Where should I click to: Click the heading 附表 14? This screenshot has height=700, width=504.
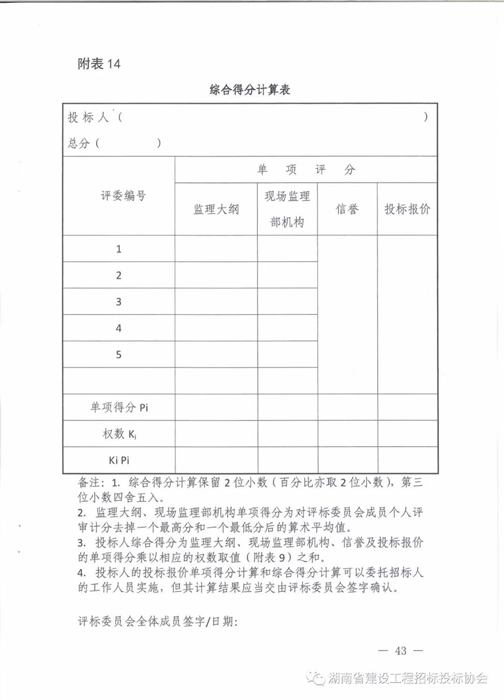(x=99, y=64)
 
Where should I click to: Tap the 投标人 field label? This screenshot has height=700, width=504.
(x=88, y=117)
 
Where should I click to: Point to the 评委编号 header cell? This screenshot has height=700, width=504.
(x=119, y=196)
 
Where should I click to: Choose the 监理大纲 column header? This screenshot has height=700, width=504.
(x=216, y=209)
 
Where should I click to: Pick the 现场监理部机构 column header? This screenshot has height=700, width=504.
(x=287, y=209)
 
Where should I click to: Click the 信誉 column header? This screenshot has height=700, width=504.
(x=347, y=209)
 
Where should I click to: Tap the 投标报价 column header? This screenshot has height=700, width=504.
(x=407, y=209)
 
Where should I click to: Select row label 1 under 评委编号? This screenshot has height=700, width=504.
(x=119, y=249)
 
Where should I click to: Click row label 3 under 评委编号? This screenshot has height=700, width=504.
(x=119, y=301)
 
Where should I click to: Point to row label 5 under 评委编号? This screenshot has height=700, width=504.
(x=119, y=354)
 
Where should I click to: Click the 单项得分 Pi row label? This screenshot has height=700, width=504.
(x=119, y=407)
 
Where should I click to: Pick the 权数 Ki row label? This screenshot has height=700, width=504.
(x=119, y=434)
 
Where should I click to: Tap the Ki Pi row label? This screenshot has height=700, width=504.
(x=119, y=460)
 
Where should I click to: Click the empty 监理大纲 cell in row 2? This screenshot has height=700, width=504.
(x=216, y=275)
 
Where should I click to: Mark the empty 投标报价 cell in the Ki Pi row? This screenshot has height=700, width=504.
(x=407, y=460)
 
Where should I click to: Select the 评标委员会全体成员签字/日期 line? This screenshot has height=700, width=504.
(x=158, y=622)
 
